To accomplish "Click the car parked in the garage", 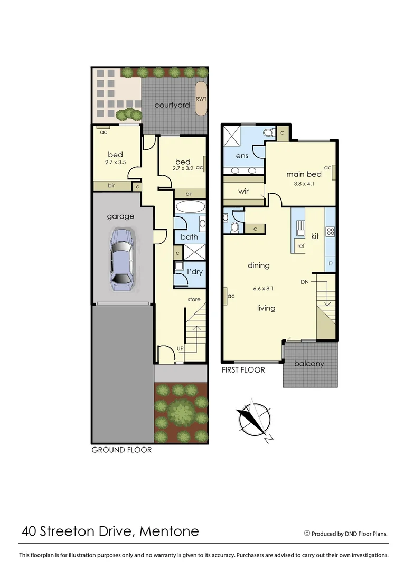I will (121, 260).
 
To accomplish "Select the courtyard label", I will (172, 105).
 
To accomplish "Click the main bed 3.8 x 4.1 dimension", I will (303, 184).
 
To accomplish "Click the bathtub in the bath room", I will (189, 207).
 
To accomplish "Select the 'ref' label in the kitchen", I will (300, 246).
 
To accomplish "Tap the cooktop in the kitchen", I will (330, 231).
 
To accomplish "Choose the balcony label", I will (309, 364).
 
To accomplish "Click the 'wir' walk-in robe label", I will (243, 192).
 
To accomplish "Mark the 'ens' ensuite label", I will (242, 156).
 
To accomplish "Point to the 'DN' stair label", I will (305, 282).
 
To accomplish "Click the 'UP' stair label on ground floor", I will (181, 349).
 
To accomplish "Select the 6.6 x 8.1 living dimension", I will (264, 289).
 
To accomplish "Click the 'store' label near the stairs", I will (194, 300).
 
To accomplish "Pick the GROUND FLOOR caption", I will (121, 450).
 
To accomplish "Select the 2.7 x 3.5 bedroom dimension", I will (116, 163).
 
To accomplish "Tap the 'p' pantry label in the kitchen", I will (331, 262).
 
